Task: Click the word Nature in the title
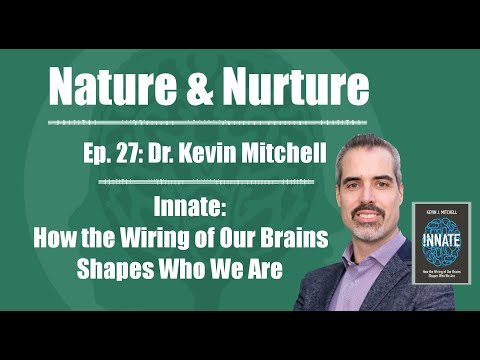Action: (115, 89)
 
